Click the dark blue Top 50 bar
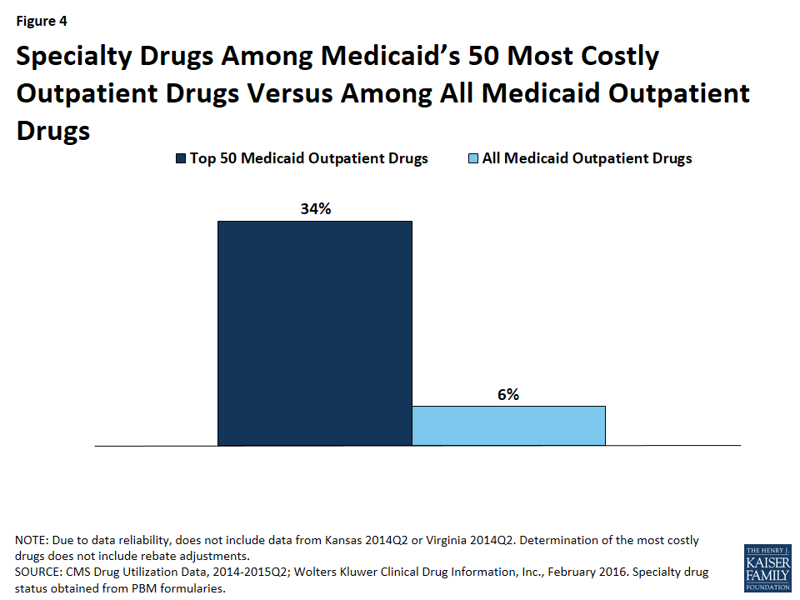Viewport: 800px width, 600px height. pyautogui.click(x=314, y=333)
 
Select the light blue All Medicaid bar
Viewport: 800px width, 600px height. pyautogui.click(x=508, y=426)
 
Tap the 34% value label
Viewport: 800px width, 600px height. pyautogui.click(x=316, y=208)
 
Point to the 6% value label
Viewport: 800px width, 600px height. pyautogui.click(x=508, y=394)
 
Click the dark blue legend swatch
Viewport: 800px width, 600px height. pyautogui.click(x=180, y=158)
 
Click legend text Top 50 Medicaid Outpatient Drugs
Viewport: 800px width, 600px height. pyautogui.click(x=308, y=158)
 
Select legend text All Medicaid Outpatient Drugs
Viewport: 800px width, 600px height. pyautogui.click(x=587, y=158)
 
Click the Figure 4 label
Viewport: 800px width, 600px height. pyautogui.click(x=41, y=22)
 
